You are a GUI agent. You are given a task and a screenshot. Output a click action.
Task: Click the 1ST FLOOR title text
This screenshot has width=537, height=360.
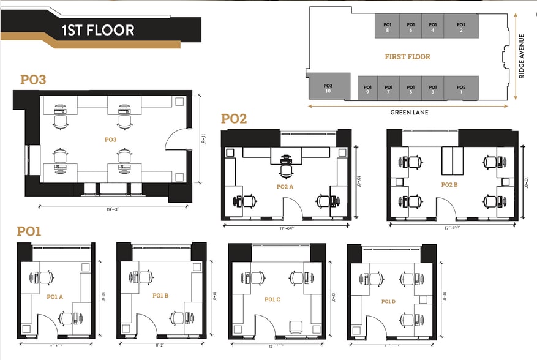(x=97, y=29)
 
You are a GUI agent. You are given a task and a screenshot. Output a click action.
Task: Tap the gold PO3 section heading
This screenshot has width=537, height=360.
(x=34, y=80)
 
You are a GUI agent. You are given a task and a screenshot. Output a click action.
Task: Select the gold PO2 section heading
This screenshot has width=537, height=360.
(x=234, y=119)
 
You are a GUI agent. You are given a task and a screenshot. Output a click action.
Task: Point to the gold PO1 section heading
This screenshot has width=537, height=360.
(x=29, y=231)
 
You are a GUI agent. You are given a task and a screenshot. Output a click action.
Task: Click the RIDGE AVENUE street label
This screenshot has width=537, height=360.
(x=522, y=56)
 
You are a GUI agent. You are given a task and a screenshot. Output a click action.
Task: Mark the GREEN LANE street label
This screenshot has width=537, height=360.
(x=409, y=112)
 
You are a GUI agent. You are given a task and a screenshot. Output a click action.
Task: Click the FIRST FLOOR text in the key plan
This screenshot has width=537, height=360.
(x=407, y=56)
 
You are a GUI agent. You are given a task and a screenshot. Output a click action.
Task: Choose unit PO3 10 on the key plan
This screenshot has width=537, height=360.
(x=328, y=88)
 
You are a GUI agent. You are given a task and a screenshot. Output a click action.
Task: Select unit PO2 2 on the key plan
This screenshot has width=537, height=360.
(x=461, y=27)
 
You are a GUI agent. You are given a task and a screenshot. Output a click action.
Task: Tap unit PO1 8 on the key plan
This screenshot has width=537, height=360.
(x=387, y=27)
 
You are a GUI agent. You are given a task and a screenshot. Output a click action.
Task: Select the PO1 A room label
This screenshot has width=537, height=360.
(x=56, y=296)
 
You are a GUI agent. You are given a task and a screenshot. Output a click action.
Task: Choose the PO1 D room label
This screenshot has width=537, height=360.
(x=389, y=301)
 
